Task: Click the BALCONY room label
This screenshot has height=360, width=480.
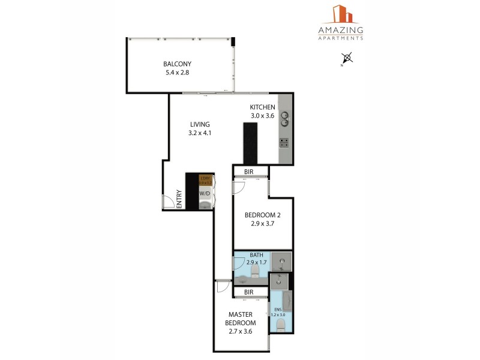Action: coord(177,64)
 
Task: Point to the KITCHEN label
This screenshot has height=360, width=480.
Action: coord(262,107)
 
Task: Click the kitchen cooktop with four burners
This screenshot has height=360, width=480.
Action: coord(284,143)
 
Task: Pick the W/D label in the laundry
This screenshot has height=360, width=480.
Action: coord(205,193)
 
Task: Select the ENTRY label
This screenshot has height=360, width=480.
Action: coord(179,199)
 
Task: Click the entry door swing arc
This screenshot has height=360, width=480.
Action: coord(168,202)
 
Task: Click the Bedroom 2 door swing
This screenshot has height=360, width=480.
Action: coord(239,187)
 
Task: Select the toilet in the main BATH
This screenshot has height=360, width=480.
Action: coord(255,274)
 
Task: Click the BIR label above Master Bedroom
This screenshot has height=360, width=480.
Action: coord(248,292)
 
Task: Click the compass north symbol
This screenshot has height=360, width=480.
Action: coord(346,59)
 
